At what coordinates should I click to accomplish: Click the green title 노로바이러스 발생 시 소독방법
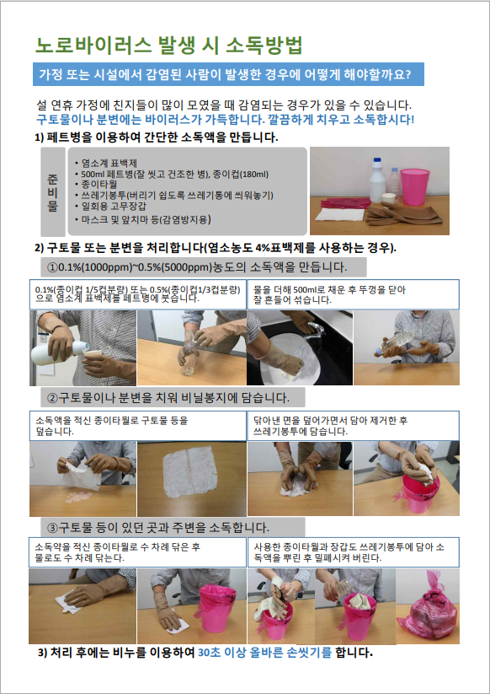click(168, 46)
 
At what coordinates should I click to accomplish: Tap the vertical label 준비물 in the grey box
click(52, 191)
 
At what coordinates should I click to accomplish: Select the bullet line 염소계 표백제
click(106, 164)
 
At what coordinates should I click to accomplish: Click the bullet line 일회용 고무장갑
click(111, 206)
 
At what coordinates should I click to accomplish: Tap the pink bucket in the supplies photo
click(415, 186)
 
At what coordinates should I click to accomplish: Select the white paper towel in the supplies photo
click(340, 215)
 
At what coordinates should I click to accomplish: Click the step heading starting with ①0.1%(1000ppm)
click(197, 268)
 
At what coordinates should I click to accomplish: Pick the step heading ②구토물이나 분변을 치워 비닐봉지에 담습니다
click(168, 397)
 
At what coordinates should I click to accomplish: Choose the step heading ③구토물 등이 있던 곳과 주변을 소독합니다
click(158, 528)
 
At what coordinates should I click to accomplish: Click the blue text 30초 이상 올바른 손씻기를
click(264, 653)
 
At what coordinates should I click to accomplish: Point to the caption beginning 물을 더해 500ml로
click(329, 295)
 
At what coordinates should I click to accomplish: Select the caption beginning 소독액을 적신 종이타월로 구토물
click(111, 425)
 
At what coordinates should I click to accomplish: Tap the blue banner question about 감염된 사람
click(228, 74)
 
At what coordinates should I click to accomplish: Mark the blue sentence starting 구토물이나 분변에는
click(226, 120)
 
